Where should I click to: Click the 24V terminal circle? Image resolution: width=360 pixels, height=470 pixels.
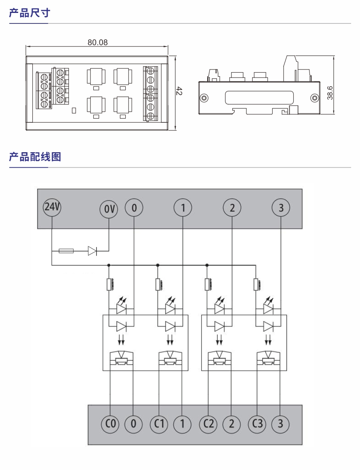point(52,208)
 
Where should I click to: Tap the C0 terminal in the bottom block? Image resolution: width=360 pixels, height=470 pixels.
point(110,424)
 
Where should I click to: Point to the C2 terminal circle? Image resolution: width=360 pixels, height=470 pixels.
point(208,424)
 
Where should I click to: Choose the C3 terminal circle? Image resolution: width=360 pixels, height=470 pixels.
point(257,424)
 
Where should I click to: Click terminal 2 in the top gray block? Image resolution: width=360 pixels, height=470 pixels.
point(232,208)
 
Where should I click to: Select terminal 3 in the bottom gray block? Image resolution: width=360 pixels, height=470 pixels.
point(281,424)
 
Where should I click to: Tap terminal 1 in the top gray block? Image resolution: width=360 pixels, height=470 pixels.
point(183,208)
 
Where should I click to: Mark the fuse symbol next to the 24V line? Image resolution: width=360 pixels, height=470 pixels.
point(66,251)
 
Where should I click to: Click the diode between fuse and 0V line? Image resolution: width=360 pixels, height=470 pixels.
point(93,251)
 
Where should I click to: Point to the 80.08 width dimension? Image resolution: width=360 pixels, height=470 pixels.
point(98,42)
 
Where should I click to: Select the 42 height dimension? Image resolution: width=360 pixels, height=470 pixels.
point(180,92)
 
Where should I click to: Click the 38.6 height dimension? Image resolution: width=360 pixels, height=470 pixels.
point(330,92)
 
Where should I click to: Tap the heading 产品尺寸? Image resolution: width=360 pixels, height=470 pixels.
point(29,13)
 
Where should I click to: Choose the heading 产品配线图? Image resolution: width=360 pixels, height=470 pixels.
point(35,157)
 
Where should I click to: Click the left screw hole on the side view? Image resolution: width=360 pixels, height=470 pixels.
point(204,98)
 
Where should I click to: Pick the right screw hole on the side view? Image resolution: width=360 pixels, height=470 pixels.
point(314,98)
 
